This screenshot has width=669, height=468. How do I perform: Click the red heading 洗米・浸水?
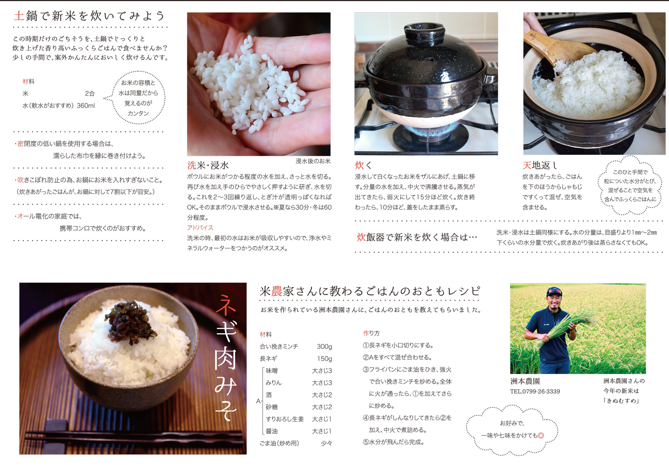point(208,165)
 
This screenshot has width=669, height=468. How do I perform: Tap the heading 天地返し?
point(540,165)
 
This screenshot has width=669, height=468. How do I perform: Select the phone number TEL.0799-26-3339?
point(535,391)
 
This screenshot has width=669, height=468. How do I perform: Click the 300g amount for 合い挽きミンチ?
point(324,347)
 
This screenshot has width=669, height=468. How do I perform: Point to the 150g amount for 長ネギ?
point(324,359)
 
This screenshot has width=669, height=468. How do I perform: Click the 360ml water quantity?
point(86,106)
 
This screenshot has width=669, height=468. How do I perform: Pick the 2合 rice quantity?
point(90,93)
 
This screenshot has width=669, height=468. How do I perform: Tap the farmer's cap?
point(554,292)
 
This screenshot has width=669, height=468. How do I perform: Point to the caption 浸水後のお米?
point(313,161)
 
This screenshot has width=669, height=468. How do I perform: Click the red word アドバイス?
point(200,228)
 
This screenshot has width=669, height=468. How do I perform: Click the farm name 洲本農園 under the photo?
point(525,381)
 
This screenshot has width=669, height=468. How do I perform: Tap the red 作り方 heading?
point(371,333)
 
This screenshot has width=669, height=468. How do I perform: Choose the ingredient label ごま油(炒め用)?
point(279,443)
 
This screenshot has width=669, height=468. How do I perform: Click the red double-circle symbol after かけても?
point(541,436)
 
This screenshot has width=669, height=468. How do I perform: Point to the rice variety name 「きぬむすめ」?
point(621,401)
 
